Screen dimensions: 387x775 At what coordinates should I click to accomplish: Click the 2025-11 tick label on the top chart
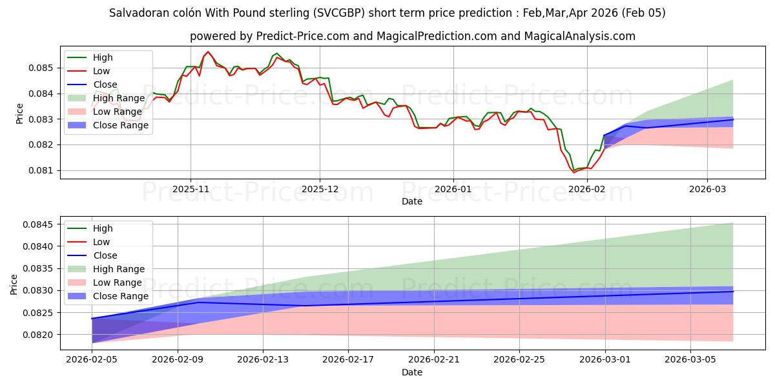pos(190,190)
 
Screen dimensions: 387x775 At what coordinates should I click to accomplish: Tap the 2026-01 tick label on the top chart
pos(453,190)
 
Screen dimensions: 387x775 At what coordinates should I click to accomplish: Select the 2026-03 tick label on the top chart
pos(707,190)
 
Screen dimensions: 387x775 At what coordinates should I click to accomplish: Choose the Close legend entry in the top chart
pos(105,84)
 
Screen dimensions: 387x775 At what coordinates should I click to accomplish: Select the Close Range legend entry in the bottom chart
pos(121,296)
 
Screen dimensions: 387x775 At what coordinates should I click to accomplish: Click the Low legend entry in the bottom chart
pos(101,242)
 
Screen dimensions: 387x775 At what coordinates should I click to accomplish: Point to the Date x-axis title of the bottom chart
pos(412,372)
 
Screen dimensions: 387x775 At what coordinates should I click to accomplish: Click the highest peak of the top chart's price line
pos(207,52)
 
